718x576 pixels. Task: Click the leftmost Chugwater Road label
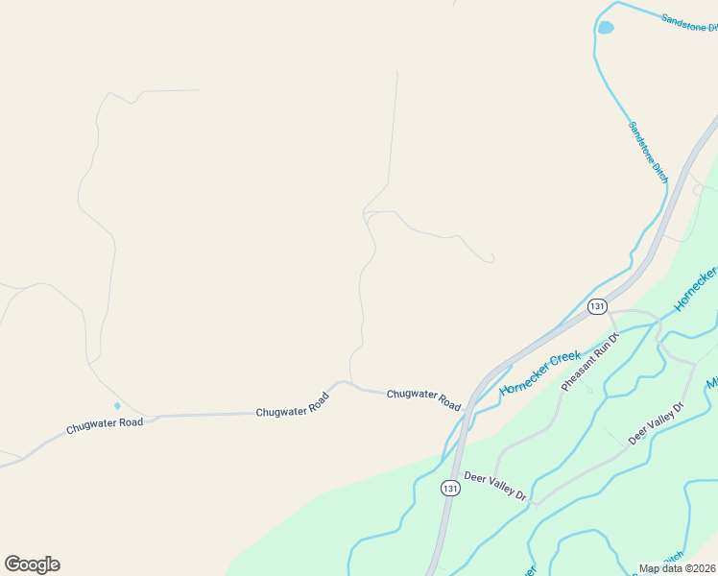pyautogui.click(x=105, y=423)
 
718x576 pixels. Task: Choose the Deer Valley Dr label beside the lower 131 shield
pyautogui.click(x=496, y=486)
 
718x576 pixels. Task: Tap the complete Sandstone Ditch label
pyautogui.click(x=648, y=152)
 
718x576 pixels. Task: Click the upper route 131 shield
pyautogui.click(x=597, y=306)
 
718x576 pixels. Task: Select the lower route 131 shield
pyautogui.click(x=450, y=489)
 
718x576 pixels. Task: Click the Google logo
pyautogui.click(x=32, y=564)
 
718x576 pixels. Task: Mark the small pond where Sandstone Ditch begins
pyautogui.click(x=606, y=28)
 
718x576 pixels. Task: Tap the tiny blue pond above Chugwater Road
pyautogui.click(x=118, y=405)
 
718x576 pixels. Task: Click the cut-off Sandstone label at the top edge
pyautogui.click(x=689, y=22)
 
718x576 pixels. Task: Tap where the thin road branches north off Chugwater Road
pyautogui.click(x=352, y=382)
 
